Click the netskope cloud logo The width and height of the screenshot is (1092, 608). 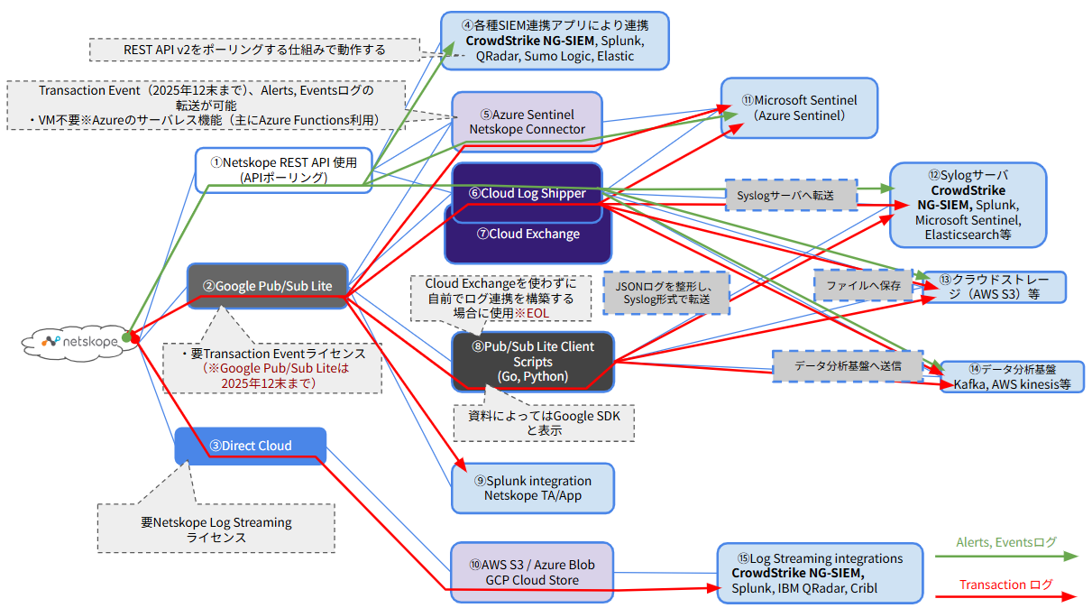click(x=79, y=340)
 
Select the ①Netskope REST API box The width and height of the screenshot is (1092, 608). click(x=283, y=170)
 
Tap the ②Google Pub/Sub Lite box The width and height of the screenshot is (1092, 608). click(x=268, y=286)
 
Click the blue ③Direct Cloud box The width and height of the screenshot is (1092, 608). click(x=251, y=446)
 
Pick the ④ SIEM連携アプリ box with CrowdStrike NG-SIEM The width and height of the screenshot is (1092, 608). click(x=555, y=41)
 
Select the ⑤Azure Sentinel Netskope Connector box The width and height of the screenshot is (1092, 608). click(x=527, y=122)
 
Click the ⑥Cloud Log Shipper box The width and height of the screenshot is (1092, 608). click(x=527, y=193)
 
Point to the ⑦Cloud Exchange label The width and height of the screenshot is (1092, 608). click(x=528, y=235)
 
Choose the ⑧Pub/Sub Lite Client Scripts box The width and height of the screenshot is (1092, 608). click(x=532, y=362)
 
